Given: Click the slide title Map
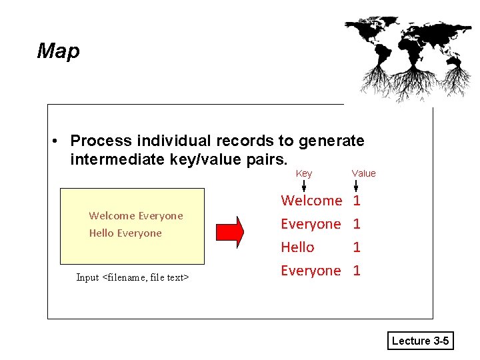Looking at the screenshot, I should point(59,51).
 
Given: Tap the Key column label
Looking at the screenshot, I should point(303,173).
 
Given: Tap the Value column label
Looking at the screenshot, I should point(363,173).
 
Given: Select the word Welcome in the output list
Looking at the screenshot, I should point(311,200).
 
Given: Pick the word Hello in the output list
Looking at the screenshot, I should point(297,247).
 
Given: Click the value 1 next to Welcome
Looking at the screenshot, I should point(357,200).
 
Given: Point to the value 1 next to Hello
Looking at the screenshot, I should point(357,247).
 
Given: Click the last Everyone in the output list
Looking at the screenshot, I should point(311,271).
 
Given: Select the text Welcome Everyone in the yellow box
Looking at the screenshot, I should point(136,215).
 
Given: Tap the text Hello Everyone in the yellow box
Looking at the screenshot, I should point(125,233).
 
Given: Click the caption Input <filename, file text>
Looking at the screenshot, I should point(133,277).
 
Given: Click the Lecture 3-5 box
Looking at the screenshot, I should point(421,341).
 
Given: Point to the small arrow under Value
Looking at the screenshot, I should point(356,185).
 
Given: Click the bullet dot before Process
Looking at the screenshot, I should point(58,141).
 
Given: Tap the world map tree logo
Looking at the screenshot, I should point(407,57).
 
